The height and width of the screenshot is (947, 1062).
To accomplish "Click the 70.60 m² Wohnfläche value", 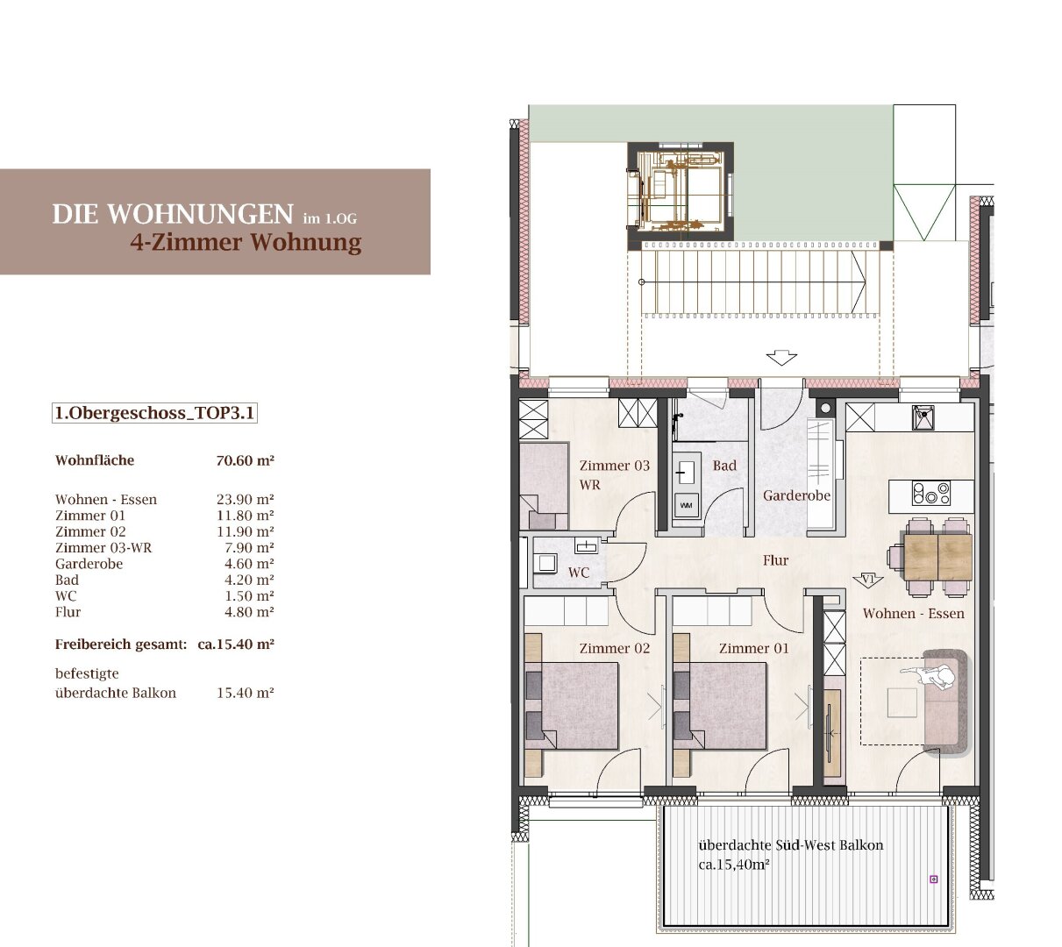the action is [246, 460].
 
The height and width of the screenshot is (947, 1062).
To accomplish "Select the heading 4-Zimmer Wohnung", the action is [246, 242].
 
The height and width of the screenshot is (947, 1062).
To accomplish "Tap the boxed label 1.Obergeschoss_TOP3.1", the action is [154, 413].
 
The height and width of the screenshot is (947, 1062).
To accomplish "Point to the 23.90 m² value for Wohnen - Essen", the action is [246, 500].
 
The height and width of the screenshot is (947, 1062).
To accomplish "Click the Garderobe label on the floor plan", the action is [796, 495].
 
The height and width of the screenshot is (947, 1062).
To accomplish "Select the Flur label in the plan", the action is [776, 560].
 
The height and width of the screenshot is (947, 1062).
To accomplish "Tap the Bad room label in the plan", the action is [724, 466].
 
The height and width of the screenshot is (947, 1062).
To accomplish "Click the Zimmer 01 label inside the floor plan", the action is [754, 648].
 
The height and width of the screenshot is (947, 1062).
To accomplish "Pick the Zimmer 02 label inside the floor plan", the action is [615, 648].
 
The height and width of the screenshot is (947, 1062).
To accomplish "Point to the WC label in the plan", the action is [579, 573].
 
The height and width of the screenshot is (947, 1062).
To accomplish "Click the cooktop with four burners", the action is [931, 493].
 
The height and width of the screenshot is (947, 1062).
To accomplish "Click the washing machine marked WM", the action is [686, 505].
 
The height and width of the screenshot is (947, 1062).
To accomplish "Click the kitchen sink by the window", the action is [923, 417].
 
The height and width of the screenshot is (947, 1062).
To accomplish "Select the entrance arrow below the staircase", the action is [781, 358].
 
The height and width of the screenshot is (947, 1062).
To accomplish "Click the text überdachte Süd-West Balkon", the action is [791, 844].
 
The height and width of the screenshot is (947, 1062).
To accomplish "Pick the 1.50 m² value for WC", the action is [250, 596].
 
